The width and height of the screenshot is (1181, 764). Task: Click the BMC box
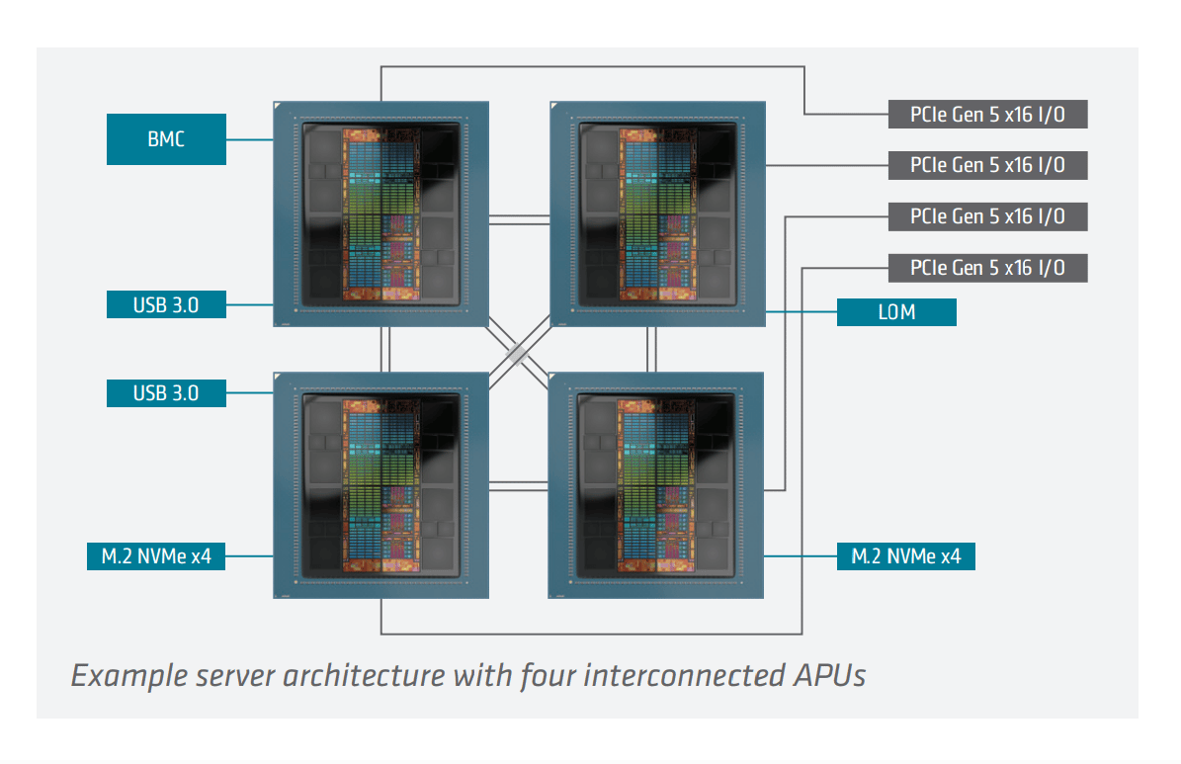(166, 139)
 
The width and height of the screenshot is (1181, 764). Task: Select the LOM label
(896, 312)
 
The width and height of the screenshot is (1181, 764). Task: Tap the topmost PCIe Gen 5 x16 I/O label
(986, 114)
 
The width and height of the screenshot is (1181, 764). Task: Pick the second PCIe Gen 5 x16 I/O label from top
(986, 165)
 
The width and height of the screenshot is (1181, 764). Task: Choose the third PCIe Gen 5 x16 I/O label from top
(986, 216)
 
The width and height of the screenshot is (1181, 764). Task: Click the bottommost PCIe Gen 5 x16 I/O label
(986, 268)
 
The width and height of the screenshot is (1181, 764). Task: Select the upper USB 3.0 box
(166, 304)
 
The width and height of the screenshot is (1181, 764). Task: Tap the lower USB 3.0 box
(166, 392)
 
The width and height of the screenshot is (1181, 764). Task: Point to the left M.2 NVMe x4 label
(156, 556)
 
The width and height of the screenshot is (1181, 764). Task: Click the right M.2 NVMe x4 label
(905, 556)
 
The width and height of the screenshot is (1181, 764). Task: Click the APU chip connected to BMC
(381, 212)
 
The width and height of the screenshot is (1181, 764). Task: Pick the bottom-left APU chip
(381, 485)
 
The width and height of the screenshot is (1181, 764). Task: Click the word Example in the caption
(128, 676)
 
